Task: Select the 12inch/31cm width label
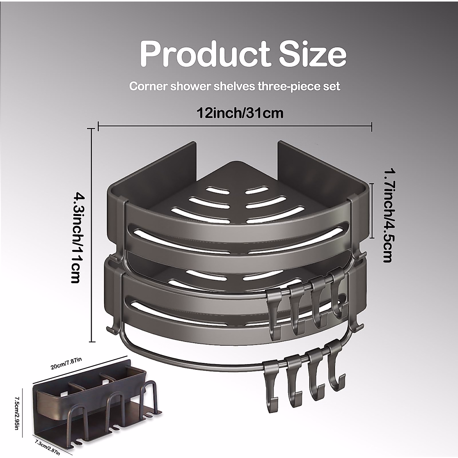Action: click(x=240, y=113)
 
